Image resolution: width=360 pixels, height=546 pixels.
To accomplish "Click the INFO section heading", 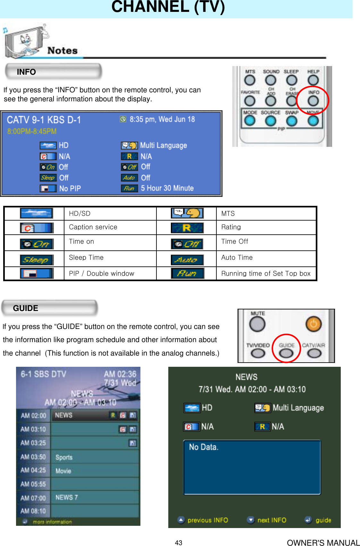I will point(26,72).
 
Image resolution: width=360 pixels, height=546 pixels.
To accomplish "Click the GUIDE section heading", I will point(26,308).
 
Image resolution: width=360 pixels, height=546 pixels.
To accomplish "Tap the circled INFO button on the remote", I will point(313,101).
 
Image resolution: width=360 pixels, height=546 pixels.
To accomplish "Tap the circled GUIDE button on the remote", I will point(286,353).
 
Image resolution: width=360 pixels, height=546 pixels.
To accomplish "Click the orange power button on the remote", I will point(313,324).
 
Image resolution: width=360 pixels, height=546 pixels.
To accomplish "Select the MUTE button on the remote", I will point(257,324).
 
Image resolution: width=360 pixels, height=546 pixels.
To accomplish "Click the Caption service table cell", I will point(93,227).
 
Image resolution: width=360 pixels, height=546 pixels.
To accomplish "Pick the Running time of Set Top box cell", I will point(266,273).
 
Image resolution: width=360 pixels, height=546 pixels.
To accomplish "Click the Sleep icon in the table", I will point(36,260).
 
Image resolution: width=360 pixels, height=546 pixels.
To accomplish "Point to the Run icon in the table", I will point(187,273).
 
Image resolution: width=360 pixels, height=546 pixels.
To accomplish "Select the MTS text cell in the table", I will point(228,214).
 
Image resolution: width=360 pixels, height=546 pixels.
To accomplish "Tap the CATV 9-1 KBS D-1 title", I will point(44,120).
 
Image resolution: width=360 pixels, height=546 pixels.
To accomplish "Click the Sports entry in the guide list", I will point(64,457).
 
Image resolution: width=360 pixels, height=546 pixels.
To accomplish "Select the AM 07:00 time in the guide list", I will point(33,498).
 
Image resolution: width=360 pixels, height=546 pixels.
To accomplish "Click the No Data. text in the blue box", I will point(204,447).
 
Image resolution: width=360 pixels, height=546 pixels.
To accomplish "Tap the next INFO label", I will point(272,520).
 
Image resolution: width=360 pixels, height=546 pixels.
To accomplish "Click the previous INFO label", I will point(207,520).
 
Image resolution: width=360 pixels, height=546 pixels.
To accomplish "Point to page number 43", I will point(179,542).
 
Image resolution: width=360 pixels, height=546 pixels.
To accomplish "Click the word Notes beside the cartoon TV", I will point(63,51).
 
